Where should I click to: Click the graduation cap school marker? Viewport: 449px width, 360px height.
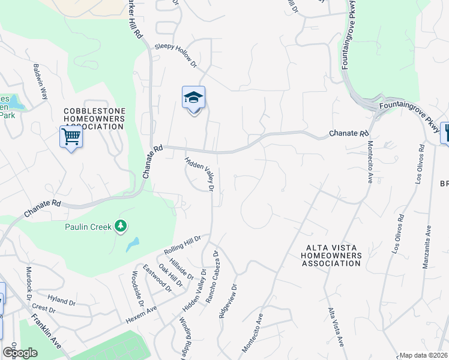coord(193,98)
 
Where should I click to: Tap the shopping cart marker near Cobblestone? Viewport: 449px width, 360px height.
coord(71,137)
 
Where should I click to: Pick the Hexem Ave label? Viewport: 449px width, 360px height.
coord(141,315)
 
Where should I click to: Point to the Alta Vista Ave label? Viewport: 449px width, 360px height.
coord(335,326)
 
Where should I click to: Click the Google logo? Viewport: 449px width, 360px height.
coord(19,353)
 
